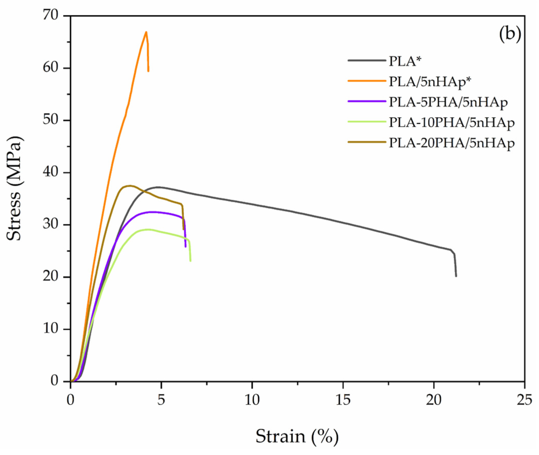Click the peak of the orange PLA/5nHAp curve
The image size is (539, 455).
pyautogui.click(x=146, y=32)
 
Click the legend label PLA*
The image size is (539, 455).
pyautogui.click(x=405, y=62)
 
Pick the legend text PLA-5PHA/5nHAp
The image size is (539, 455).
pyautogui.click(x=448, y=102)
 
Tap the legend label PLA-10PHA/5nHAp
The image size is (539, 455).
pyautogui.click(x=452, y=123)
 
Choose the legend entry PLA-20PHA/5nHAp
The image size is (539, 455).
pyautogui.click(x=452, y=143)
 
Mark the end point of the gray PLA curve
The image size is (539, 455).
pyautogui.click(x=456, y=276)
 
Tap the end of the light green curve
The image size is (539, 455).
pyautogui.click(x=190, y=261)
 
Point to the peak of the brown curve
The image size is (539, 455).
pyautogui.click(x=130, y=185)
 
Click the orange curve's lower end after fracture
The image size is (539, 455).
pyautogui.click(x=148, y=71)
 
